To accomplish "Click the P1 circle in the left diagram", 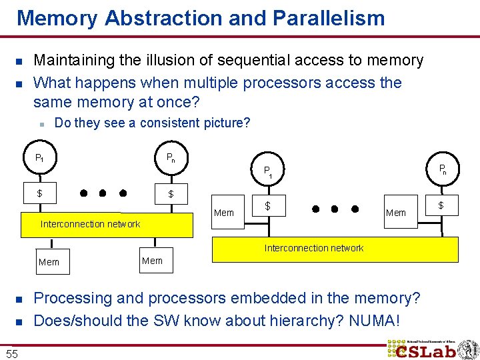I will click(x=40, y=159).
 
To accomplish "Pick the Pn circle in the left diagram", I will click(x=171, y=159).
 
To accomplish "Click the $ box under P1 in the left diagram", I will click(x=40, y=193).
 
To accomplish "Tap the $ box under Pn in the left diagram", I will click(x=171, y=194).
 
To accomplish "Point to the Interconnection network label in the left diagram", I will click(x=90, y=224).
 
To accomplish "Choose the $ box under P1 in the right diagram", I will click(x=268, y=207).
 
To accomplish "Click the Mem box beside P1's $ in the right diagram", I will click(x=224, y=213).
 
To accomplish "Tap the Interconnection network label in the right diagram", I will click(x=313, y=248).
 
